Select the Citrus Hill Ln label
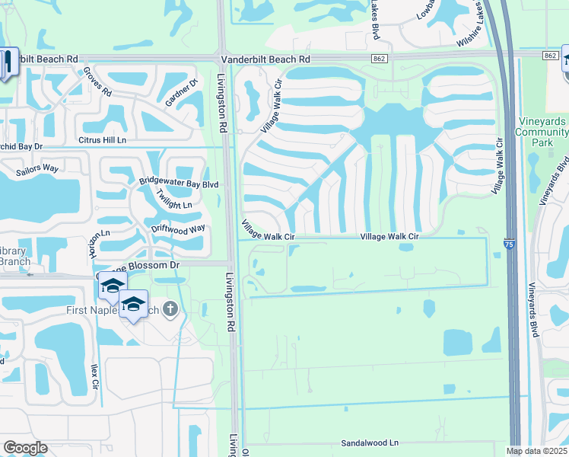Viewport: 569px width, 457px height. [102, 141]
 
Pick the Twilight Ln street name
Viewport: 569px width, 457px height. [173, 200]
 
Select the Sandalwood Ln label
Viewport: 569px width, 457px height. [369, 443]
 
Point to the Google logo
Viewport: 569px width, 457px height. [25, 448]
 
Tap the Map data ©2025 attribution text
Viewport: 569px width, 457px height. [537, 451]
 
